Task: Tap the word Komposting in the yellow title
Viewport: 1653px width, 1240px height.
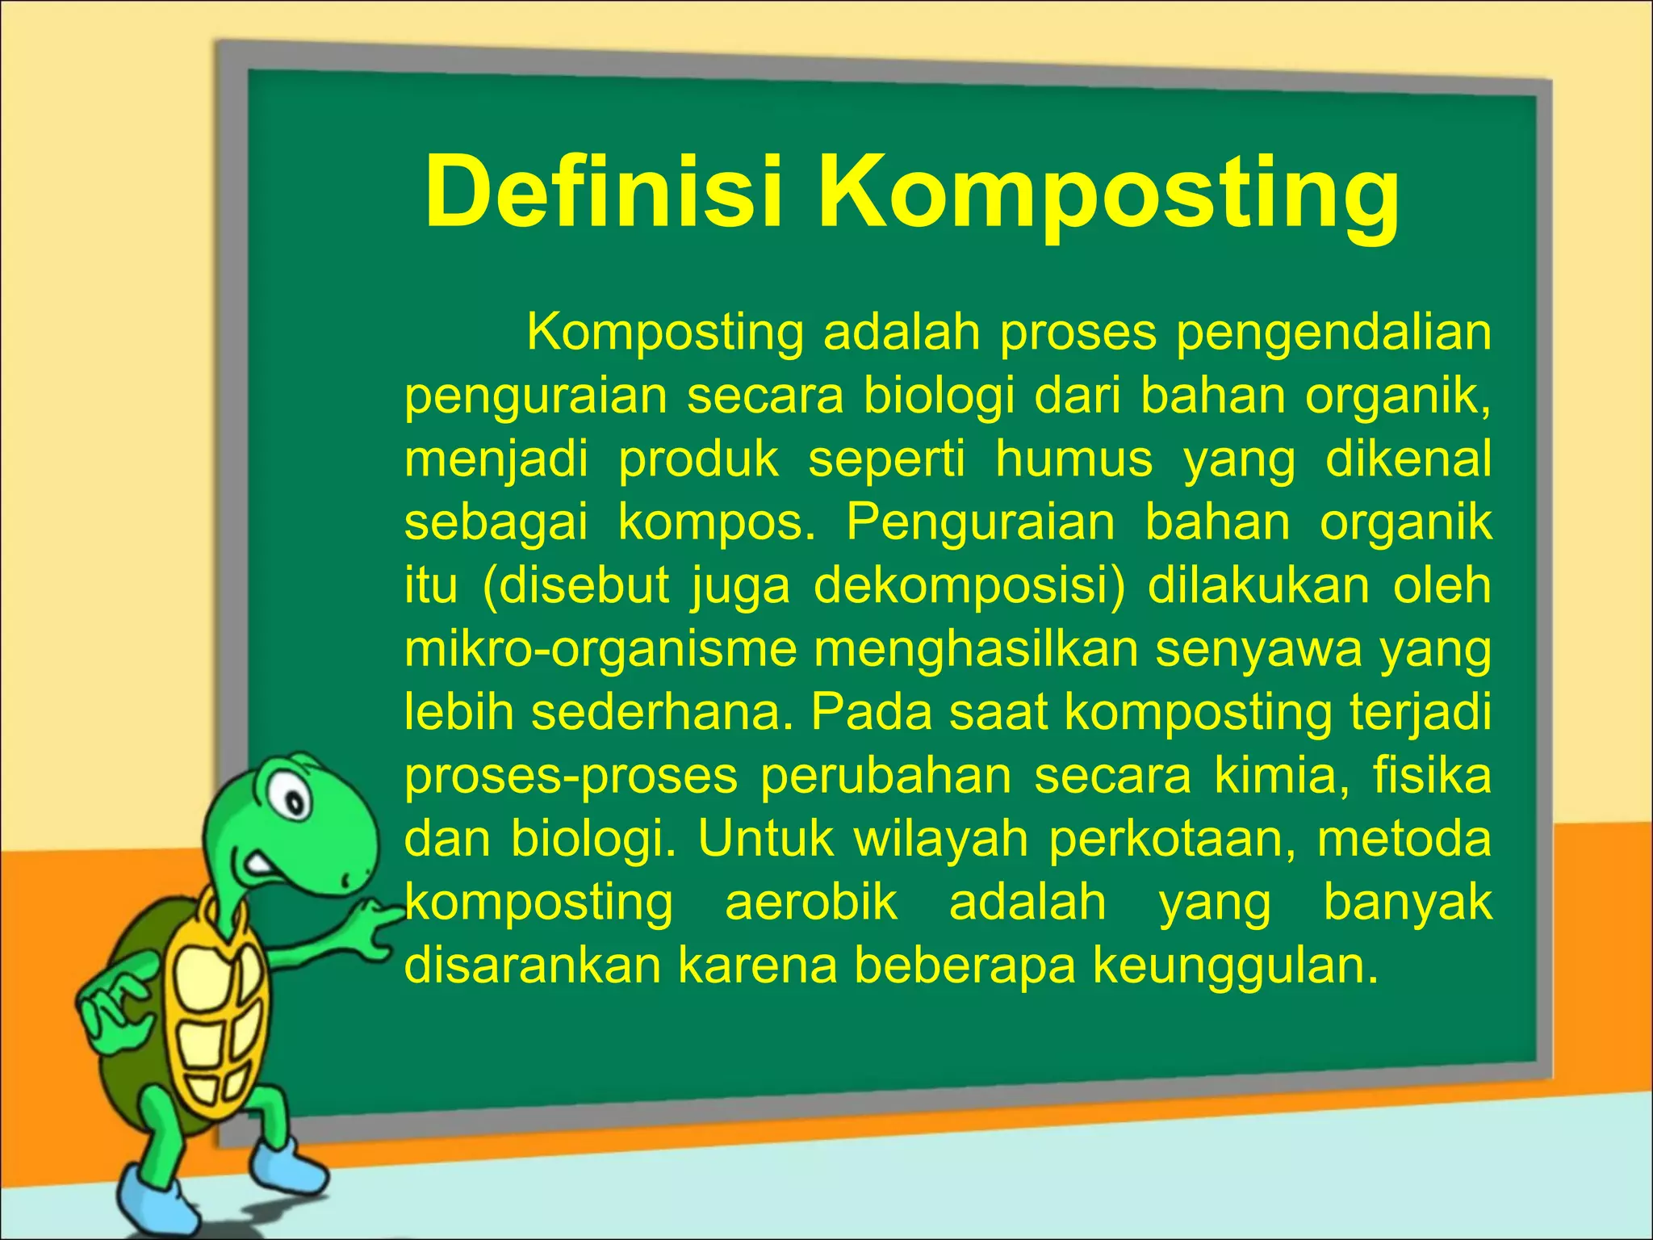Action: [1109, 198]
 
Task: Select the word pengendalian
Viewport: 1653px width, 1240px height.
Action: [1333, 333]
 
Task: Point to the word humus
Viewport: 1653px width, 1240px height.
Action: [1073, 459]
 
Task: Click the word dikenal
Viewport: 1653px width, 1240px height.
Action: [1408, 459]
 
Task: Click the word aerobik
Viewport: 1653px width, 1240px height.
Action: [811, 902]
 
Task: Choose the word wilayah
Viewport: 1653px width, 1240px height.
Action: [941, 839]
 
